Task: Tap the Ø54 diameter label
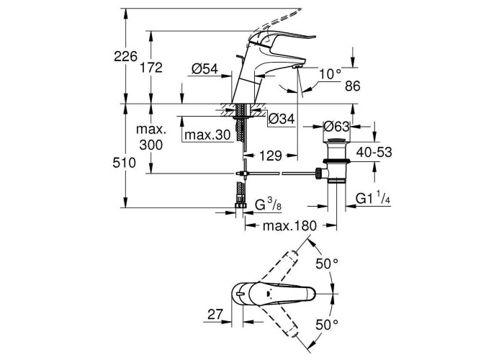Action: [x=205, y=68]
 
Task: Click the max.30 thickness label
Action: [x=207, y=135]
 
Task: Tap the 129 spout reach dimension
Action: [x=270, y=154]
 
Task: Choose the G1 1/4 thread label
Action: [x=373, y=199]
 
